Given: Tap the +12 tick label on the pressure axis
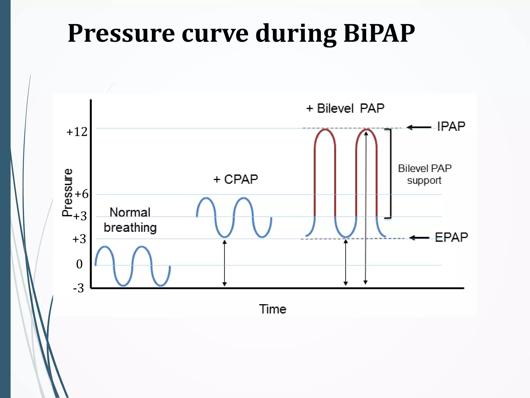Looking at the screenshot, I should tap(77, 132).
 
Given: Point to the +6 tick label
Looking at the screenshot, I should tap(82, 194).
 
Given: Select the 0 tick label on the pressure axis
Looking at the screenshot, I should tap(79, 264).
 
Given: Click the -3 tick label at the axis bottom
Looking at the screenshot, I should tap(78, 288).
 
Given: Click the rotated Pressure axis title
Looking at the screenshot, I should tap(67, 192).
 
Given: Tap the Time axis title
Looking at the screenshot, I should tap(273, 309).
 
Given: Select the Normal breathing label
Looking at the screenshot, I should tap(130, 220).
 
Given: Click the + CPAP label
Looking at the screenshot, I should tap(235, 179).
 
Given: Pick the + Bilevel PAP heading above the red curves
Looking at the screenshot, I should tap(345, 108).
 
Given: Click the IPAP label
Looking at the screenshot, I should tap(451, 126).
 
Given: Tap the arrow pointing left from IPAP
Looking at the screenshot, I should tap(419, 127).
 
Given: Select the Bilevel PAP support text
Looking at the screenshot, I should tap(424, 174).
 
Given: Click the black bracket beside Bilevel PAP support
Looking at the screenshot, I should tap(390, 173).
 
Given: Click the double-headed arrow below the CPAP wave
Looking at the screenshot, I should tap(225, 263).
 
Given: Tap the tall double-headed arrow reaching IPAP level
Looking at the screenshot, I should tap(366, 207).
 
